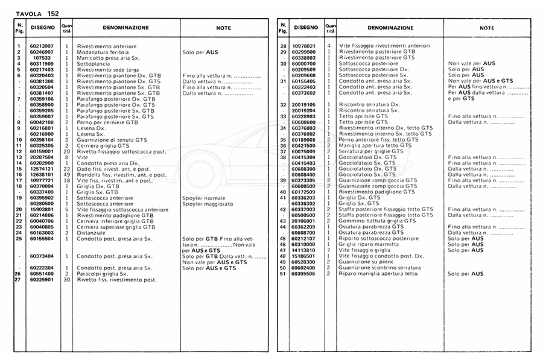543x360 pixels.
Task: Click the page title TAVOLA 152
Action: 37,13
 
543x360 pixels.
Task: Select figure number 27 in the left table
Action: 17,280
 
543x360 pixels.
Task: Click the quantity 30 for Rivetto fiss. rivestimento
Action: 66,280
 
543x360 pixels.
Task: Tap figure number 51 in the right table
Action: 282,273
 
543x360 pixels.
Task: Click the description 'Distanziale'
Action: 91,233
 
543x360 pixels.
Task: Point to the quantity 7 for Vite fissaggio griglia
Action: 329,250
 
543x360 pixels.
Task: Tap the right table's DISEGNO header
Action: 305,28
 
